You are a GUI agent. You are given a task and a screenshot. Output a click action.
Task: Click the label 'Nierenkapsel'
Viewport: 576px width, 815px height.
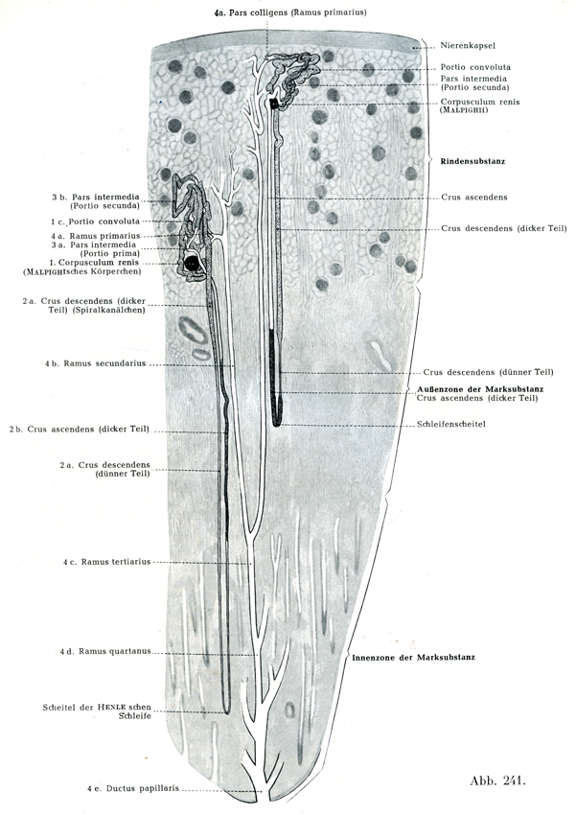pyautogui.click(x=471, y=45)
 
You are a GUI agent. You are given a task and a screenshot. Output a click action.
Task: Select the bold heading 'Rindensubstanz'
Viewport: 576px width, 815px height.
pyautogui.click(x=472, y=162)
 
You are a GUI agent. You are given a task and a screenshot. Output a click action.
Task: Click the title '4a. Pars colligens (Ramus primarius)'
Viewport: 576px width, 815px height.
pyautogui.click(x=291, y=12)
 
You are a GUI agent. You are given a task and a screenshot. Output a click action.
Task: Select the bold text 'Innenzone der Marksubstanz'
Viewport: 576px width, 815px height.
pyautogui.click(x=413, y=657)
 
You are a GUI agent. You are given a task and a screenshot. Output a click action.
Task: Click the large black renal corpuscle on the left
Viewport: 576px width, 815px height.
pyautogui.click(x=194, y=262)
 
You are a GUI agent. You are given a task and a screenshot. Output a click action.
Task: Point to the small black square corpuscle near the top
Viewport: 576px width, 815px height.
pyautogui.click(x=276, y=104)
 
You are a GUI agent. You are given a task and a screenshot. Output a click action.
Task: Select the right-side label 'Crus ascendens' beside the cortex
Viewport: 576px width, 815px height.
pyautogui.click(x=474, y=198)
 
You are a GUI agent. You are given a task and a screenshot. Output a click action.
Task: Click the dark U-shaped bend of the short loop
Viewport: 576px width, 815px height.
pyautogui.click(x=277, y=417)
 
